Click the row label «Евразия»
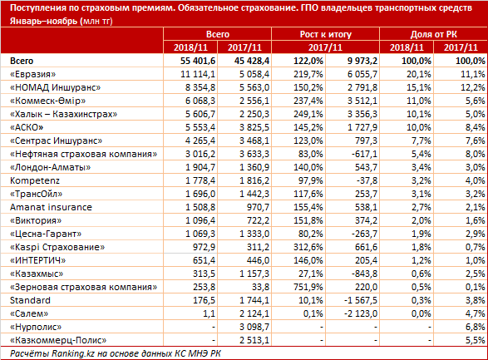click(x=33, y=74)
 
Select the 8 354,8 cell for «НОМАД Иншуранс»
click(x=200, y=87)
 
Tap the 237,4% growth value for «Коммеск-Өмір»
click(x=308, y=101)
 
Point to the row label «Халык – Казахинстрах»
click(x=63, y=114)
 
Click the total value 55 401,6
click(x=198, y=61)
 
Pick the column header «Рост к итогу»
click(x=326, y=34)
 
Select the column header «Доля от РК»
click(x=434, y=34)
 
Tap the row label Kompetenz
click(x=35, y=180)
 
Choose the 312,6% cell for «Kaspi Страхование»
click(x=308, y=247)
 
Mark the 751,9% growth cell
click(x=308, y=287)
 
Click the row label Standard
click(x=30, y=300)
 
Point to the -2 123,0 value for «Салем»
click(x=361, y=313)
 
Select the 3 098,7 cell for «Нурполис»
click(x=254, y=327)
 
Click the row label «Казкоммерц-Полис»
click(x=58, y=340)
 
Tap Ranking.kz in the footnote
click(x=73, y=354)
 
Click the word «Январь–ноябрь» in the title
click(x=43, y=21)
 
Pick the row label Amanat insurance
click(x=51, y=207)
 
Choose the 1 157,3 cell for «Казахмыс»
click(x=254, y=274)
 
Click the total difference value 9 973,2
click(x=362, y=61)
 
